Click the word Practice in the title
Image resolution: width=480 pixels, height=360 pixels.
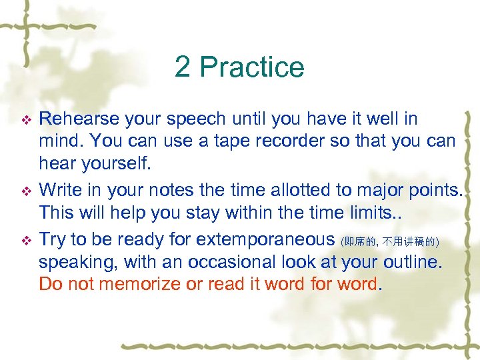click(252, 67)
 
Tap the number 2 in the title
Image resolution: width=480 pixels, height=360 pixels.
click(183, 67)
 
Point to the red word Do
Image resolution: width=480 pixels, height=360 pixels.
click(50, 284)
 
